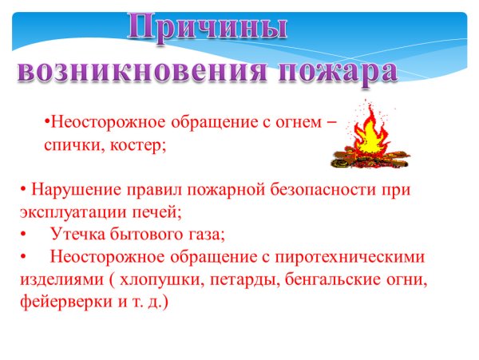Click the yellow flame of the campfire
(x=368, y=136)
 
